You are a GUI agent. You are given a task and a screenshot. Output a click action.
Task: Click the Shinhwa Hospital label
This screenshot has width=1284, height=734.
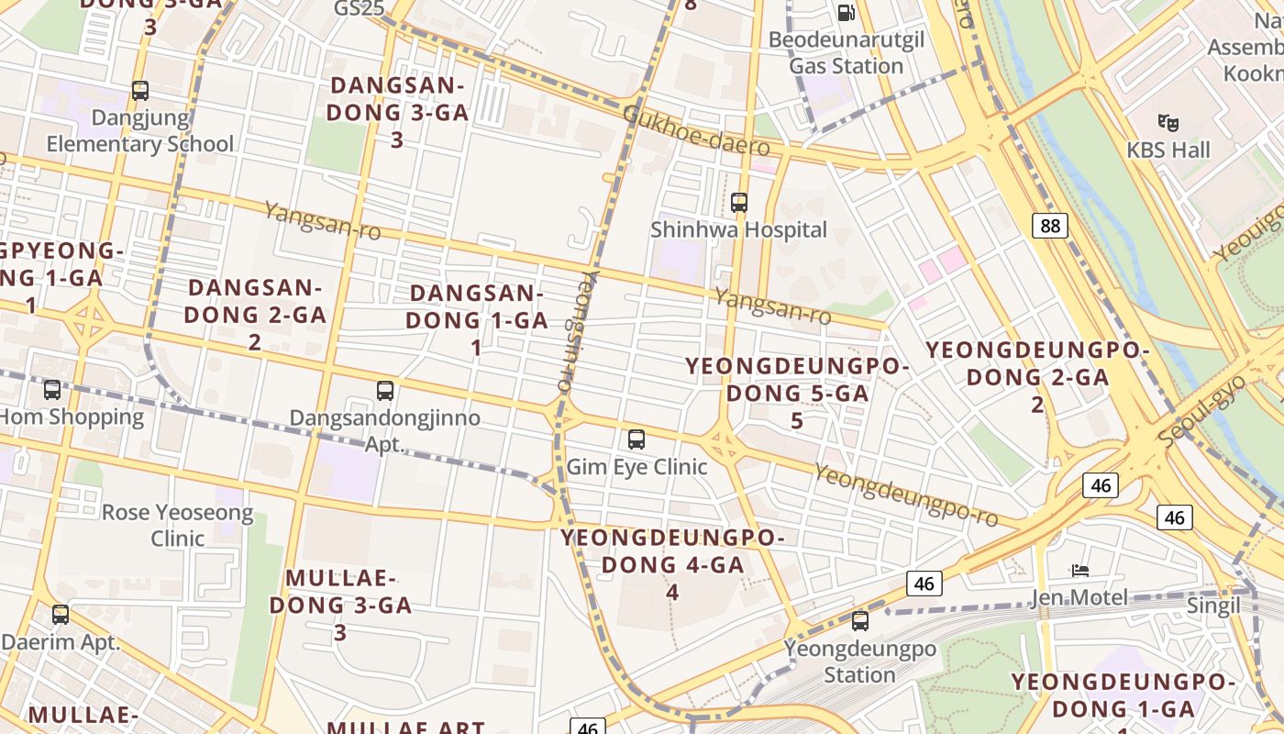pos(738,229)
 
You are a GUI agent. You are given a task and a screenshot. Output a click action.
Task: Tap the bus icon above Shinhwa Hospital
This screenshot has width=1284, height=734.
pos(739,203)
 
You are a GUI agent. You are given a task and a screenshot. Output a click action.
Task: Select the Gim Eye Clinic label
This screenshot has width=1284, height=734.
pos(636,466)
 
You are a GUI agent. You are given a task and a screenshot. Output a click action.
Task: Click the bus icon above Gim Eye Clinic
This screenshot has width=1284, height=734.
pos(636,439)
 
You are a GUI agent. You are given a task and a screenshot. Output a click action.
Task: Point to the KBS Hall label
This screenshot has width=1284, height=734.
pos(1168,150)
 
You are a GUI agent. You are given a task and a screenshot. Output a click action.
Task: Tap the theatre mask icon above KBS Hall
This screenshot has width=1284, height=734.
pos(1168,121)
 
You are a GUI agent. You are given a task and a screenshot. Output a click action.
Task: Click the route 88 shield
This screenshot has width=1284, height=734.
pos(1049,225)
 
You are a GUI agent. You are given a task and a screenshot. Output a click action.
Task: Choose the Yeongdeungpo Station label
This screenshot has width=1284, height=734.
pos(859,662)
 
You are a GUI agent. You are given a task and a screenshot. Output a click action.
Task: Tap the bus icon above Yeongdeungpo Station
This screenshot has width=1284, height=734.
pos(860,621)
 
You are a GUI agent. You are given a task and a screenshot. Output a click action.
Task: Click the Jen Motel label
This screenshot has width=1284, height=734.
pos(1079,598)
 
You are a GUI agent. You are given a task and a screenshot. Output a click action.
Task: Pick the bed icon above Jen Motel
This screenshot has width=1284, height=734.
pos(1080,571)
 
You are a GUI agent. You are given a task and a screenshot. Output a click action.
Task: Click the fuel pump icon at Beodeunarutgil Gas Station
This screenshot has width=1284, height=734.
pos(847,13)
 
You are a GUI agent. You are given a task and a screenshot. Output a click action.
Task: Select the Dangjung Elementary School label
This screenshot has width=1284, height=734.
pos(140,130)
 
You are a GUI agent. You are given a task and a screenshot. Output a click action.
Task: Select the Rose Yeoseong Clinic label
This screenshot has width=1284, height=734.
pos(177,525)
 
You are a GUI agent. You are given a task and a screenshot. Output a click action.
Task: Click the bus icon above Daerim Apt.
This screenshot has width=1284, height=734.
pos(61,615)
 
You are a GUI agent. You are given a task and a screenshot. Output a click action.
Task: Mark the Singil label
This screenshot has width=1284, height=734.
pos(1213,606)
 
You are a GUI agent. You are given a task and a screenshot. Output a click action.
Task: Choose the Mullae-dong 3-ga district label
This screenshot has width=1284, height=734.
pos(349,592)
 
